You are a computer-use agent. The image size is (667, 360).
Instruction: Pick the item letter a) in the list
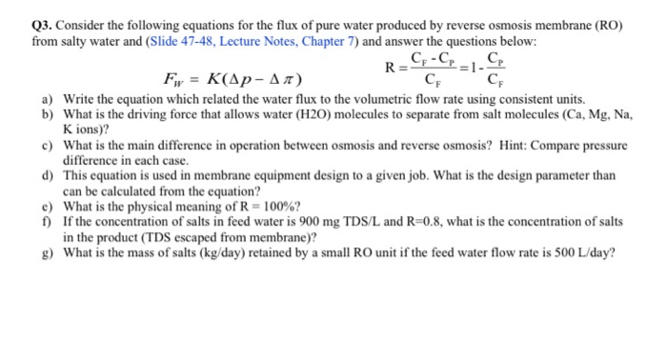[47, 98]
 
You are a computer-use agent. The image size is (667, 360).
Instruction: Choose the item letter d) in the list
[47, 177]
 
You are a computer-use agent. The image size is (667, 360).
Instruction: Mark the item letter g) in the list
[47, 252]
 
